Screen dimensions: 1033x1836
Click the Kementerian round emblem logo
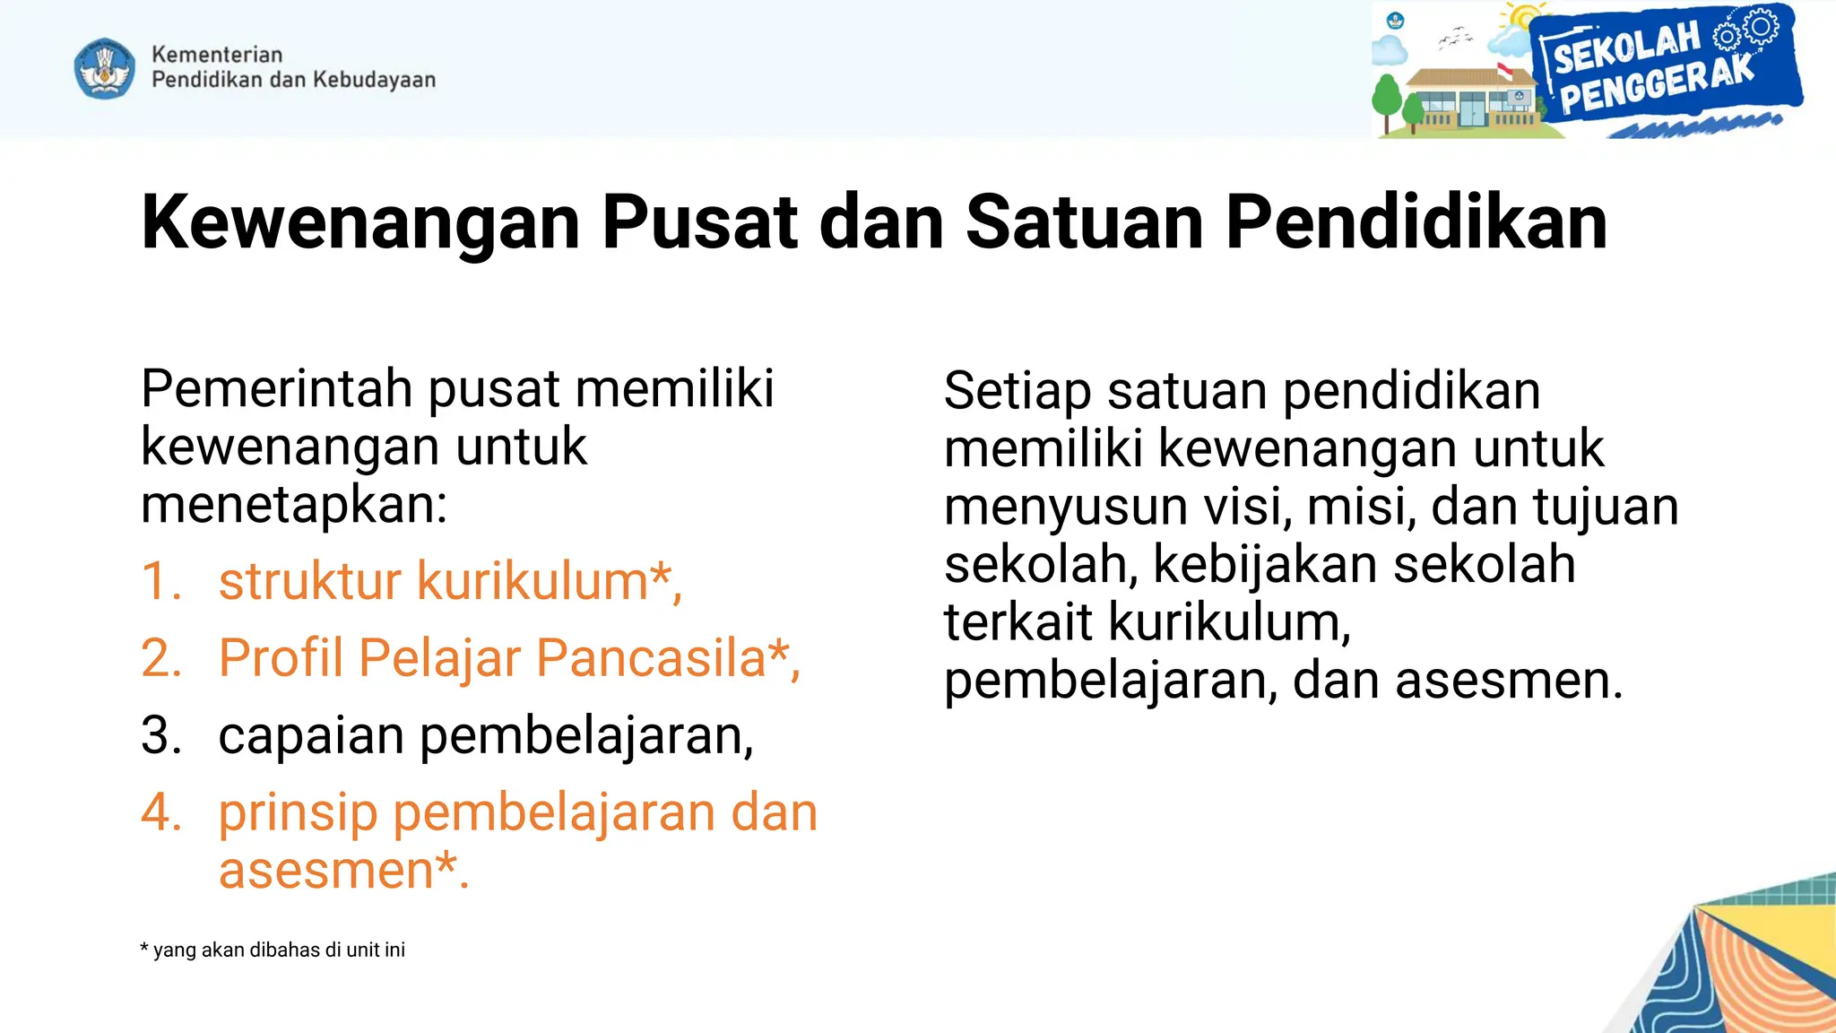coord(105,67)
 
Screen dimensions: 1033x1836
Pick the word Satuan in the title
coord(1084,222)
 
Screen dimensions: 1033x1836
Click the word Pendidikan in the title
coord(1416,222)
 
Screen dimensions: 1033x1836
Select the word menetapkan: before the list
coord(294,505)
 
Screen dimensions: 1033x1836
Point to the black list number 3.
coord(160,736)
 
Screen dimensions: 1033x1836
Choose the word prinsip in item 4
coord(298,814)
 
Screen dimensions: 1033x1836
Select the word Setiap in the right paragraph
coord(1017,392)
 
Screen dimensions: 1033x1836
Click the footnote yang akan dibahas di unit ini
coord(278,951)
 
